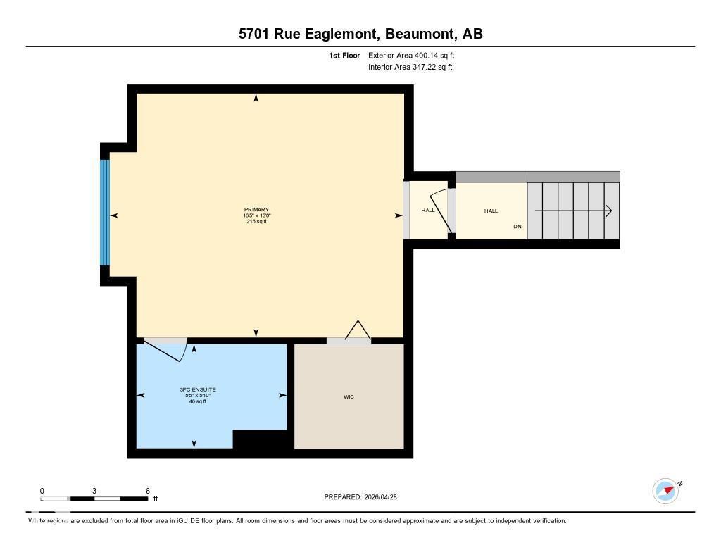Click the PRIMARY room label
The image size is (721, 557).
click(256, 210)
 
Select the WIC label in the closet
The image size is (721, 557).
click(349, 397)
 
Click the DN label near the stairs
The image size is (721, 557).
click(518, 227)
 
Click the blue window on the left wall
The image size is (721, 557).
click(105, 212)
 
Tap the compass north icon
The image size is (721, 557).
click(665, 491)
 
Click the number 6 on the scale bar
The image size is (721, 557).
click(148, 491)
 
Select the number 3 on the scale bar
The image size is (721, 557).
click(94, 491)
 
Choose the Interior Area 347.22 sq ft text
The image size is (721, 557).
click(410, 68)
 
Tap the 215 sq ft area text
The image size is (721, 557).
click(256, 221)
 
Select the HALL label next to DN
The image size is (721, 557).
click(491, 211)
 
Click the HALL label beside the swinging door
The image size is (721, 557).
click(428, 211)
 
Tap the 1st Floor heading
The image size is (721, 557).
click(344, 55)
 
